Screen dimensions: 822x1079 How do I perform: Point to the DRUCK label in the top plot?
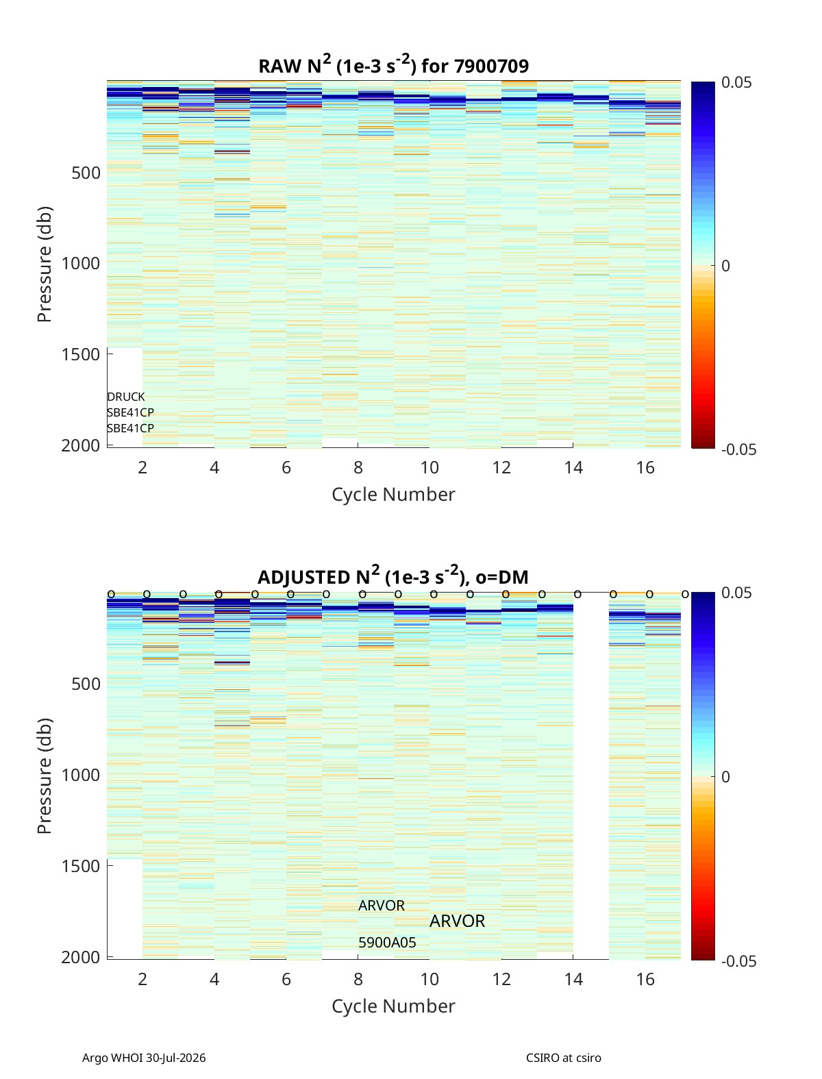(x=126, y=397)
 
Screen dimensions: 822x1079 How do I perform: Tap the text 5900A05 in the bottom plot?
(x=386, y=943)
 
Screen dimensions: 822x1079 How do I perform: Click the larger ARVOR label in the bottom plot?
(x=457, y=921)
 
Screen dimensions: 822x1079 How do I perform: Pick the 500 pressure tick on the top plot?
(x=86, y=173)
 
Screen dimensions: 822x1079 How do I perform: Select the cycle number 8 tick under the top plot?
(x=358, y=467)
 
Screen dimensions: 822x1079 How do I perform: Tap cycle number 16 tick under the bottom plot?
(x=645, y=979)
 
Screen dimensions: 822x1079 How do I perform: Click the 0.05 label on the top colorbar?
(x=736, y=83)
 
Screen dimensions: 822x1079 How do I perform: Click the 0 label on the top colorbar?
(x=725, y=266)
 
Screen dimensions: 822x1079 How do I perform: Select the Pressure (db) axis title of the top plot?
(x=45, y=264)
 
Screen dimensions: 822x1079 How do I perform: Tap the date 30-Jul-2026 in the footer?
(x=176, y=1058)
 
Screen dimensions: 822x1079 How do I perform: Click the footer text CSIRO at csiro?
(x=563, y=1058)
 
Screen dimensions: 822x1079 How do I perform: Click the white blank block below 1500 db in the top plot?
(x=125, y=396)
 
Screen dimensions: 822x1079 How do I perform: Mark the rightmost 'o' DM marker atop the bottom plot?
(x=685, y=595)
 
